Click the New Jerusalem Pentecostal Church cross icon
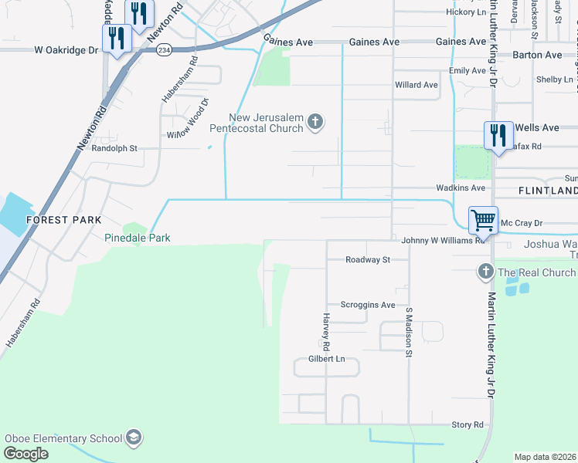point(314,121)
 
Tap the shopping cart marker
point(483,220)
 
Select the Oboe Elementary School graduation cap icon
point(134,438)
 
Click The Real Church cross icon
point(485,272)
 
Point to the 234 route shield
point(164,49)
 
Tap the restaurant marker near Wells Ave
point(498,136)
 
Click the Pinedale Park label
point(138,238)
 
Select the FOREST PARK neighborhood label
point(64,220)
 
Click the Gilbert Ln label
point(326,359)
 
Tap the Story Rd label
point(467,424)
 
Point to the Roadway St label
point(368,260)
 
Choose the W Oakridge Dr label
point(67,49)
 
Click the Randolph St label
point(114,148)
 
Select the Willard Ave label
point(416,85)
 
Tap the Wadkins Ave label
point(461,188)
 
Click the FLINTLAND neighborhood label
point(548,191)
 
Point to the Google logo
point(26,453)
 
